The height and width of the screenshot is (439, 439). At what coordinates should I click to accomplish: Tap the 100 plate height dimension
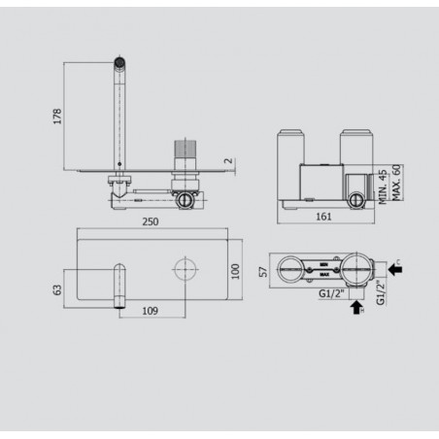coord(235,269)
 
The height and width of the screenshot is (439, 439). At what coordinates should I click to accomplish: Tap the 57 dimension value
coord(263,272)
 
